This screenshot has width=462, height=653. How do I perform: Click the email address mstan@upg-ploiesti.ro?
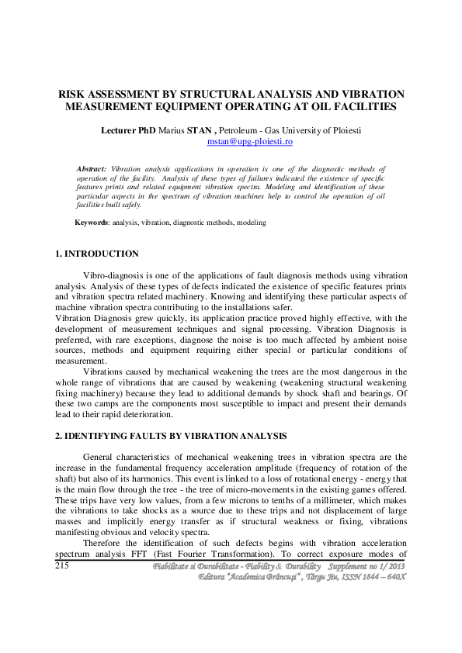249,143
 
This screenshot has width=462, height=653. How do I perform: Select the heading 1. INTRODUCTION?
97,254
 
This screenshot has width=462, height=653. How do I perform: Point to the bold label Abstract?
92,168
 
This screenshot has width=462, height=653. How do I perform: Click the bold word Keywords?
92,223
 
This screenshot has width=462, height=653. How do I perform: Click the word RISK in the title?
71,93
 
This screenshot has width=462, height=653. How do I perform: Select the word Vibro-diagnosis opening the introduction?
113,275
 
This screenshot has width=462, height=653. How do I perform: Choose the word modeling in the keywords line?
252,223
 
